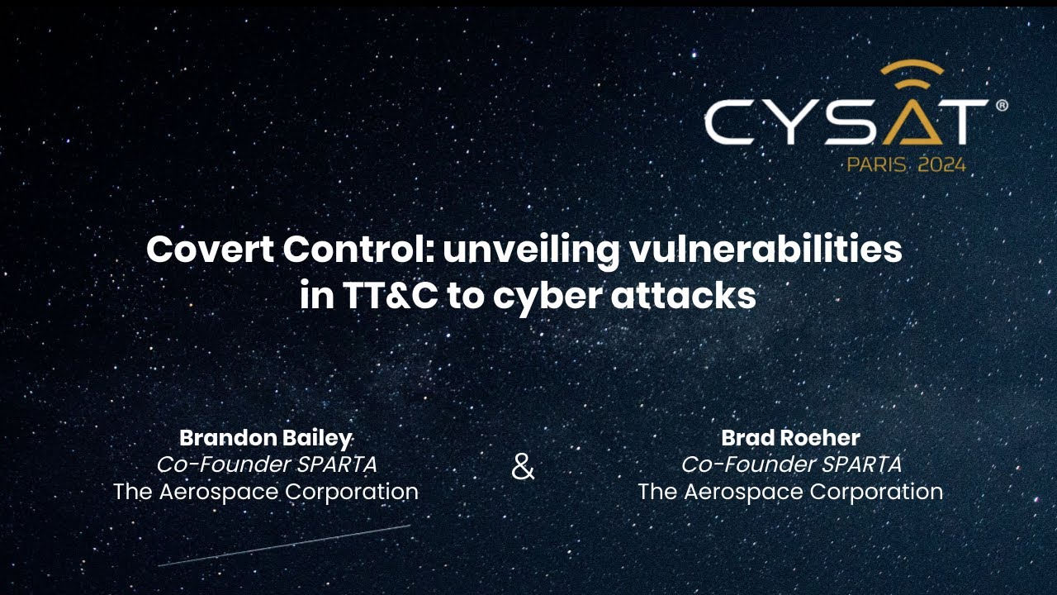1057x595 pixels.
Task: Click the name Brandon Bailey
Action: click(266, 438)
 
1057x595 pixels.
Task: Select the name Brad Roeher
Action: click(790, 438)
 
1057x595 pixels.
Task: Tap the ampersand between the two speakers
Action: click(523, 467)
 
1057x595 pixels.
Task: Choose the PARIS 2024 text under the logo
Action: click(906, 164)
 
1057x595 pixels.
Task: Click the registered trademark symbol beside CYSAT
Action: click(1002, 106)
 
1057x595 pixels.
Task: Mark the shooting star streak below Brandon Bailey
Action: click(285, 545)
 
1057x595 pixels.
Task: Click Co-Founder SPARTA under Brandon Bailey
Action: click(266, 464)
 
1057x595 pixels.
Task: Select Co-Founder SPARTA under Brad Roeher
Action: click(790, 464)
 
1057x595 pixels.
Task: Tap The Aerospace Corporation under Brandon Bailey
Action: click(266, 492)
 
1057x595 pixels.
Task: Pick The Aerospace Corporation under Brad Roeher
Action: click(790, 492)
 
